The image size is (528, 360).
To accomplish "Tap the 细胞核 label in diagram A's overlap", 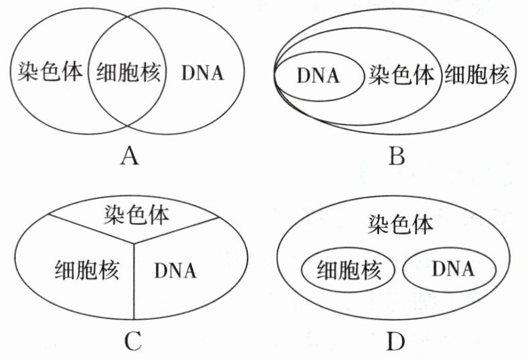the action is [128, 72].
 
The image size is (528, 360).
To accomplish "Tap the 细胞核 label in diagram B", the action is [477, 74].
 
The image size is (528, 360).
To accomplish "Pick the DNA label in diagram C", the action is [175, 270].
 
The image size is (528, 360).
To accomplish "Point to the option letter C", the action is [132, 341].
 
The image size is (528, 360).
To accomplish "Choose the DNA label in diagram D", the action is [452, 270].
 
